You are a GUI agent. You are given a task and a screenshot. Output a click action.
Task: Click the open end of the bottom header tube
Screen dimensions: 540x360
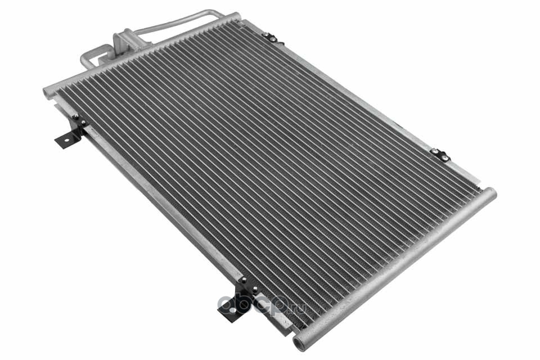[x=298, y=344]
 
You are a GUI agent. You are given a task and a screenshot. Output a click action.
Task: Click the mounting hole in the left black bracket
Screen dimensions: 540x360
[x=66, y=141]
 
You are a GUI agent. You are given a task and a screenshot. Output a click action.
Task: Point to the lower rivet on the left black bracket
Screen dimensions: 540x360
[x=83, y=123]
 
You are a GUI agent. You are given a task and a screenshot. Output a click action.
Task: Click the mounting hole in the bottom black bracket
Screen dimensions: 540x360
[x=232, y=311]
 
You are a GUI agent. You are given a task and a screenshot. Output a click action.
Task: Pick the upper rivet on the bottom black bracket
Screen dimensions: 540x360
[x=245, y=280]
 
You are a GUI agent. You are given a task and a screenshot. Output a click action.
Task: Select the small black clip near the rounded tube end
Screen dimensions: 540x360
[x=440, y=155]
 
